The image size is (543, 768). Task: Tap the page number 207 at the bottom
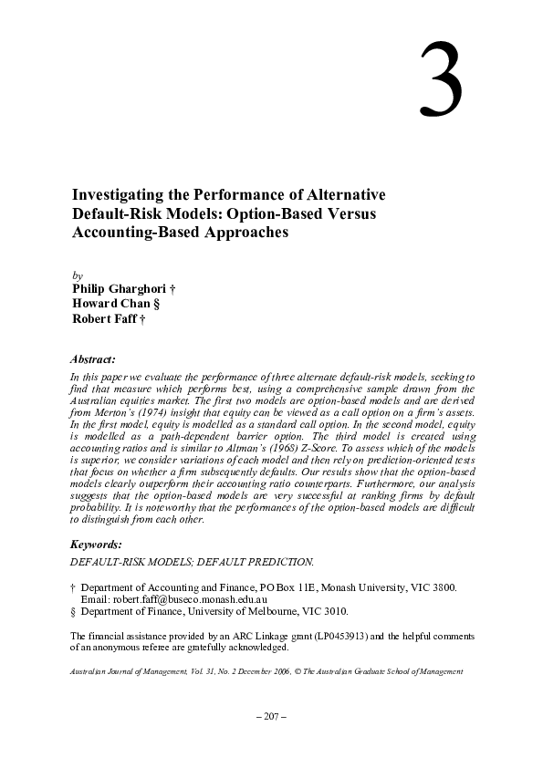[271, 717]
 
